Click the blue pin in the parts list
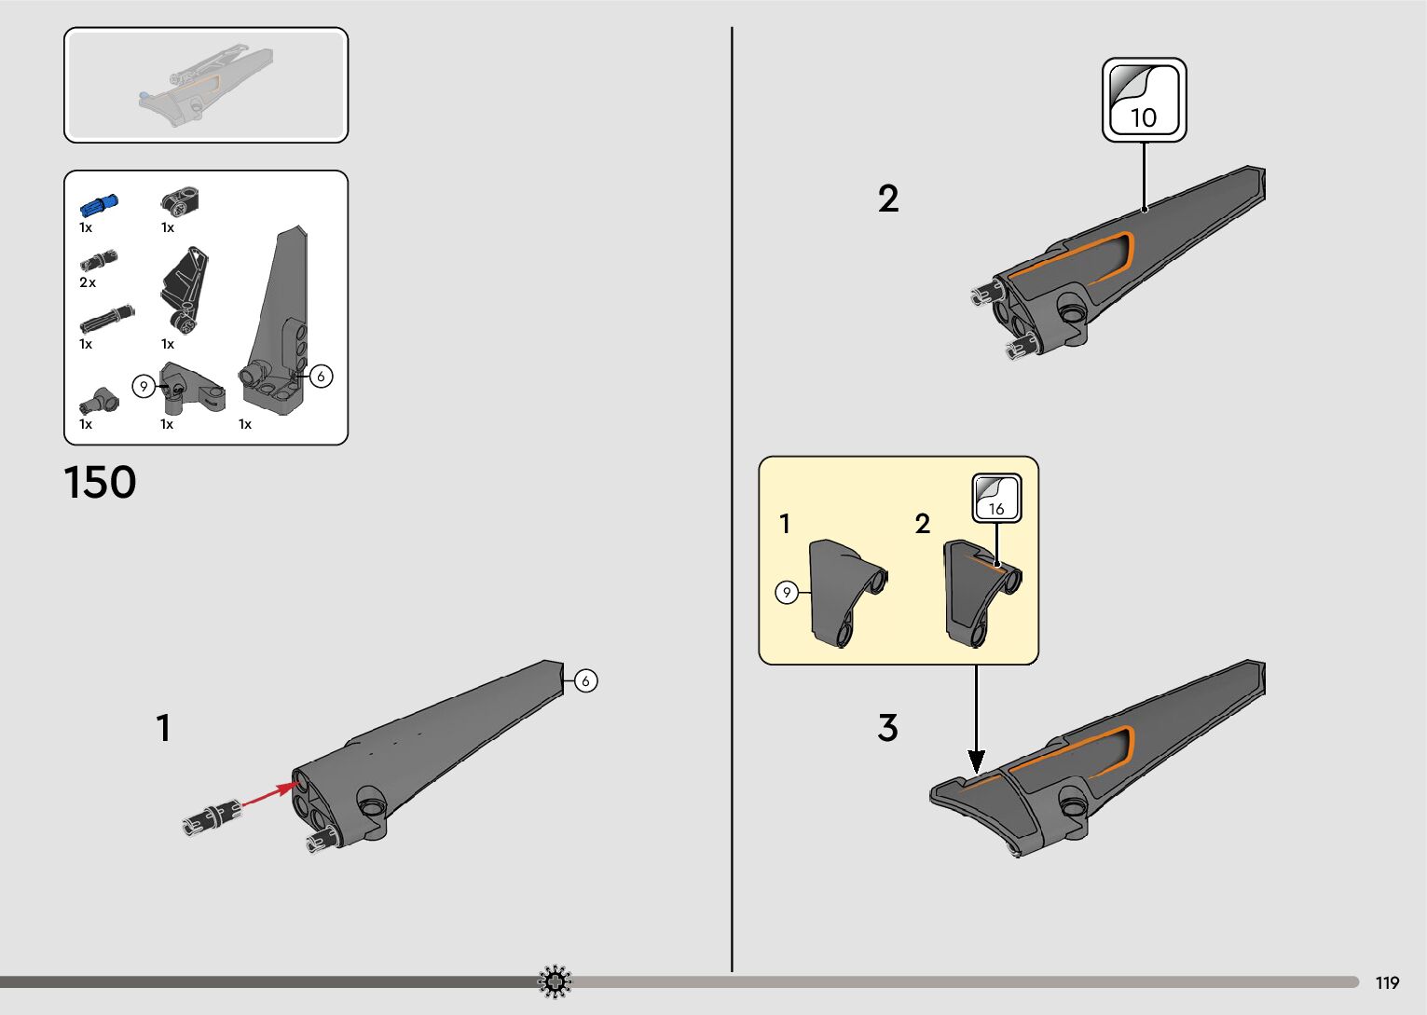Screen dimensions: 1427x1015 point(98,204)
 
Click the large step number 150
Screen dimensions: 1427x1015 point(100,483)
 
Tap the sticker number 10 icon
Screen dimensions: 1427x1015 point(1144,100)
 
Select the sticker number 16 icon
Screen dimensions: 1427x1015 point(996,498)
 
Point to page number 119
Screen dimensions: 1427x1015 point(1387,982)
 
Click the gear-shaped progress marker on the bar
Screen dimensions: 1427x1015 point(556,981)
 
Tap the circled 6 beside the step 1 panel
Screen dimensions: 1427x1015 point(585,681)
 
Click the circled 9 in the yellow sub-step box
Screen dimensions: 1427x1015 point(787,593)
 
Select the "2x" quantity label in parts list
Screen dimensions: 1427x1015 point(88,282)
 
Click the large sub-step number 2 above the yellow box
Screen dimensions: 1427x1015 point(888,199)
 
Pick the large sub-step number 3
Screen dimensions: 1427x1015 point(887,728)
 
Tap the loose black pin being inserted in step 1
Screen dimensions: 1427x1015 point(212,816)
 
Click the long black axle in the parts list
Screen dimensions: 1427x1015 point(106,318)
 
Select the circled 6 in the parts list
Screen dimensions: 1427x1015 point(321,376)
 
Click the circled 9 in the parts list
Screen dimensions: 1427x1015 point(143,386)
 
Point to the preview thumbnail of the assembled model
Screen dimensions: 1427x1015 point(206,85)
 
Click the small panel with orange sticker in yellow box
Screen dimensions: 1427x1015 point(981,589)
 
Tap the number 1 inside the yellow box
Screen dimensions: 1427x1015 point(785,524)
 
